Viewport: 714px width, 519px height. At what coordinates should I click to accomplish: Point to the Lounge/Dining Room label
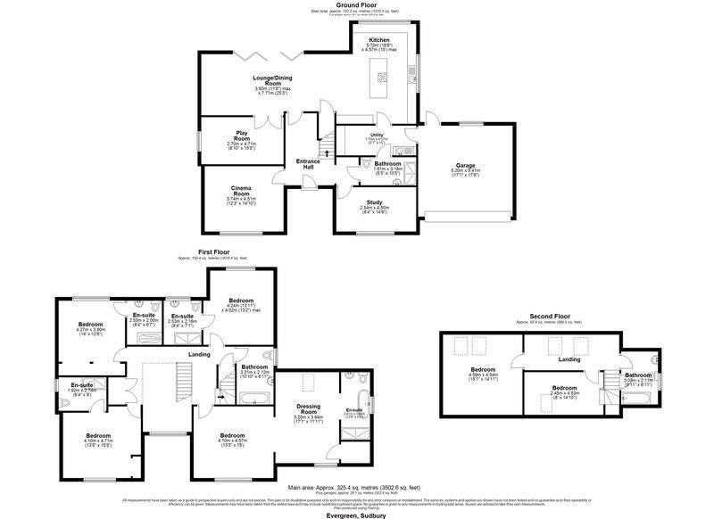[273, 82]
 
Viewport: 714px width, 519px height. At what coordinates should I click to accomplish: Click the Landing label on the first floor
[199, 353]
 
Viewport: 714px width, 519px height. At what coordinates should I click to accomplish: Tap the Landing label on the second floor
[568, 359]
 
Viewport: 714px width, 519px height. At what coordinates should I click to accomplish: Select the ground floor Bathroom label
[387, 164]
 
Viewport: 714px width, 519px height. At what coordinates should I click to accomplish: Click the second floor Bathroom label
[638, 375]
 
